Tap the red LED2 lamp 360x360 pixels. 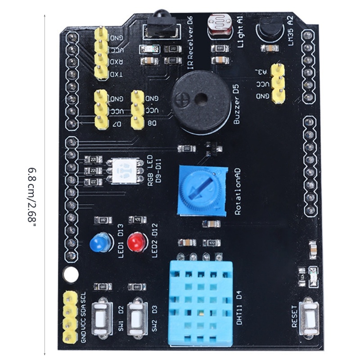click(x=135, y=243)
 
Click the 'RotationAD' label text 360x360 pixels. click(x=238, y=191)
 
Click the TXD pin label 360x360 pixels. click(x=116, y=74)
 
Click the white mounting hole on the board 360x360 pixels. click(x=70, y=273)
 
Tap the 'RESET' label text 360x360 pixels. click(x=295, y=317)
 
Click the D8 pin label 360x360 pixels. click(x=152, y=123)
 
